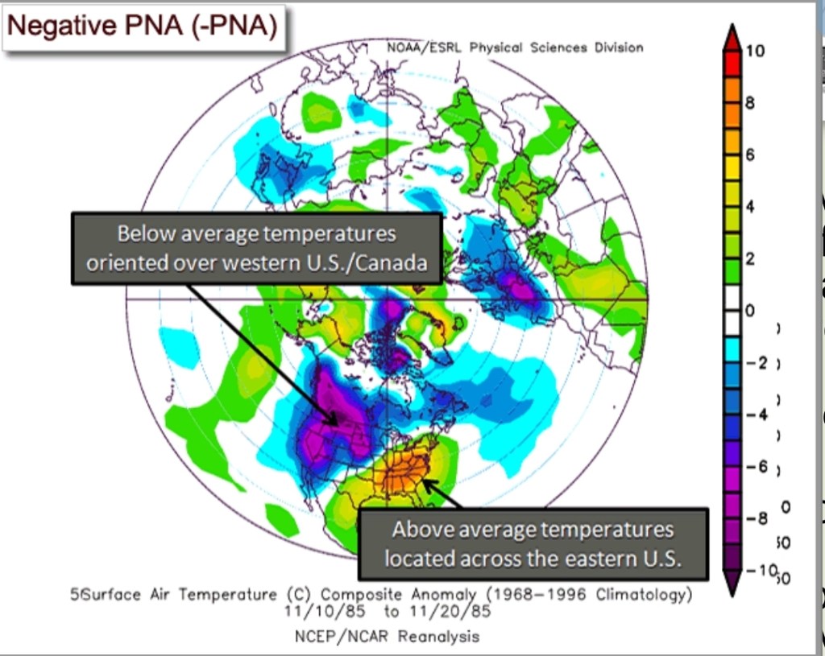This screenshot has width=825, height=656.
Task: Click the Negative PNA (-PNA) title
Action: [x=143, y=27]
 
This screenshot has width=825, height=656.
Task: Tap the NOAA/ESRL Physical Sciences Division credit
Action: [x=515, y=47]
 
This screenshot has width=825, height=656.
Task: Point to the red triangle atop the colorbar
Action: [x=732, y=35]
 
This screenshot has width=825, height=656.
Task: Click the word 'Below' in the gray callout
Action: [x=146, y=234]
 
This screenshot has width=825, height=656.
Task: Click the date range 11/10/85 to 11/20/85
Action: [x=388, y=611]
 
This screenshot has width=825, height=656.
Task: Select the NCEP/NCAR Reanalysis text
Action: [x=388, y=637]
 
